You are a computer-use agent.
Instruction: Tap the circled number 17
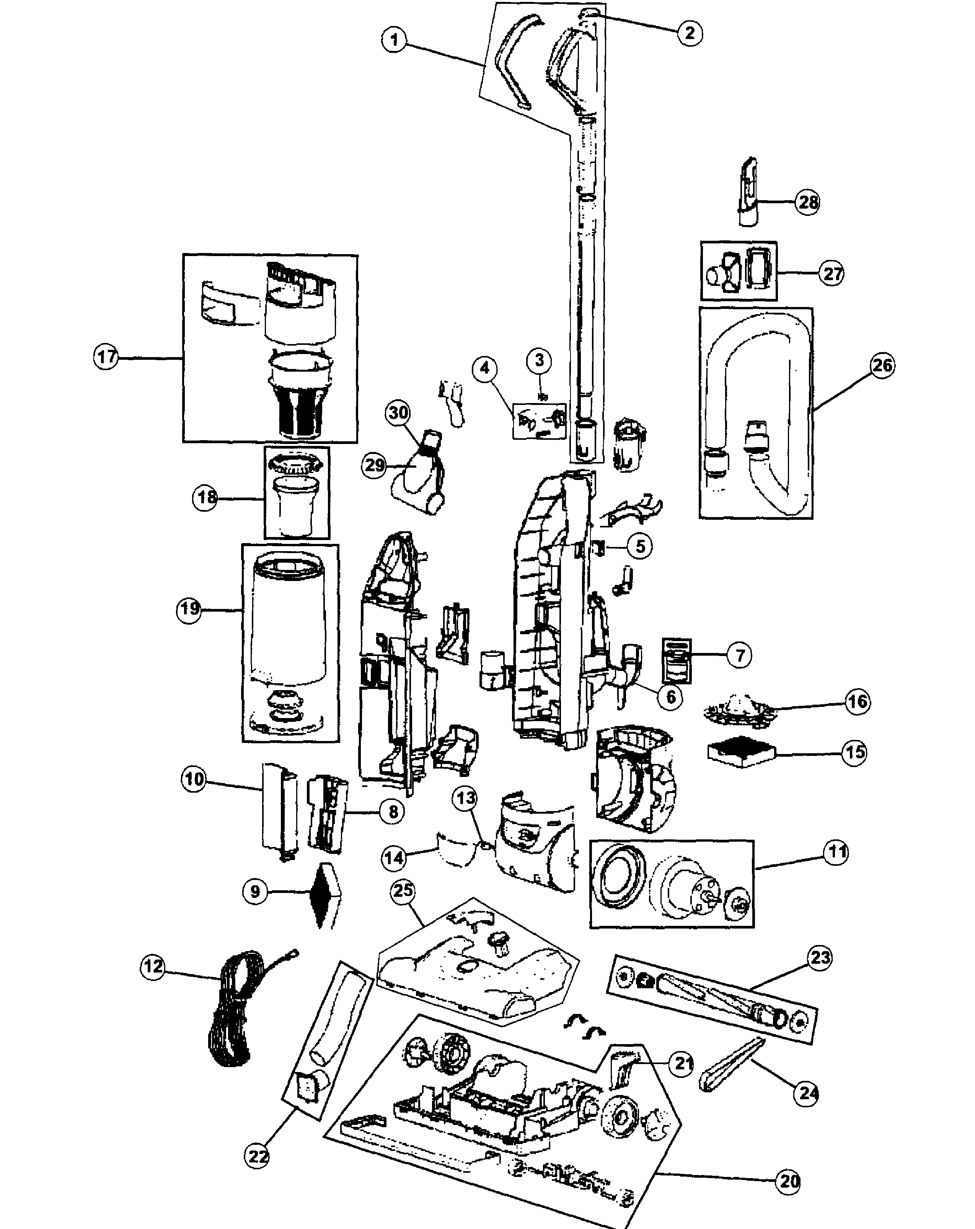point(106,357)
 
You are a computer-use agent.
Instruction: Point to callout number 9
point(255,891)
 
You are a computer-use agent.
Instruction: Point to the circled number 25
point(403,890)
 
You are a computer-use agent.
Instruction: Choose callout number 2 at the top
point(690,33)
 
